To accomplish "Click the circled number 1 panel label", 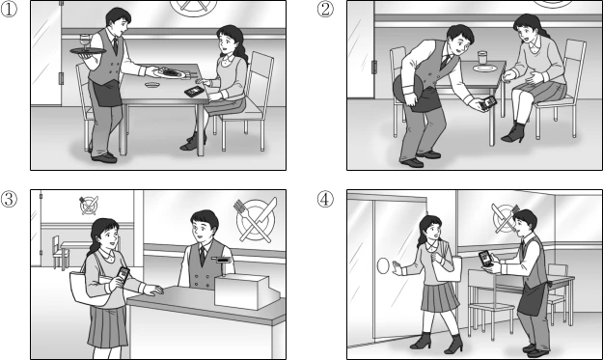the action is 9,10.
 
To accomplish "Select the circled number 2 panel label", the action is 325,10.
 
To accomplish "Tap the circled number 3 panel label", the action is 9,199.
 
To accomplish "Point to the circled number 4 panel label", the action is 325,199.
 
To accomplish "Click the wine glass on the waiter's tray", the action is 84,42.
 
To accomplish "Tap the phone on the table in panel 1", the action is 194,91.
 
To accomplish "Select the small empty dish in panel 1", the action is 152,84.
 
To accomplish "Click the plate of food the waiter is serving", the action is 170,73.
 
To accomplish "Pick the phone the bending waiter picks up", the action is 488,102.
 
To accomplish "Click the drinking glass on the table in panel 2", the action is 482,58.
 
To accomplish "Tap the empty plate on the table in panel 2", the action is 484,69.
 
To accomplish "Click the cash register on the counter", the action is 247,291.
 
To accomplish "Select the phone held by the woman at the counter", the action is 123,275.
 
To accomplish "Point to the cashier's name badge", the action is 222,261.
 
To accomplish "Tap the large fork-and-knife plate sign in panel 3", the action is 255,220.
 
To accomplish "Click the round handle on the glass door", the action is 383,266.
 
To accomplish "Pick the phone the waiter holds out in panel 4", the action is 485,259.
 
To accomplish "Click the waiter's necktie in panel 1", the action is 116,45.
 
